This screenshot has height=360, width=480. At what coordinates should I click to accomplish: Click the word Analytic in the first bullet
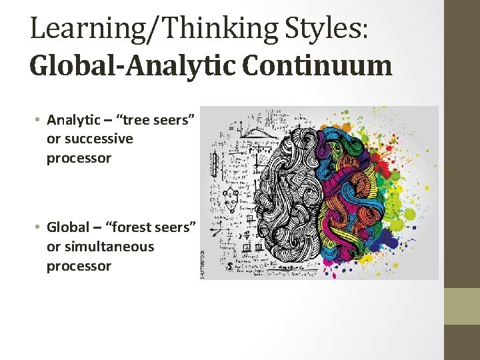[74, 120]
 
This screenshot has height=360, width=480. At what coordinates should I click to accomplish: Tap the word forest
[139, 227]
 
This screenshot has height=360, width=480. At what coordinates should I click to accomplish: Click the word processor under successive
[79, 159]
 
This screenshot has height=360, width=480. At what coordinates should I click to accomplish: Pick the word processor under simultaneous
[79, 266]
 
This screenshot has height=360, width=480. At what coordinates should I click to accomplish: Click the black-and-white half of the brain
[280, 193]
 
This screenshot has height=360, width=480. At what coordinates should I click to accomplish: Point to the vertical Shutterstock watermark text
[204, 264]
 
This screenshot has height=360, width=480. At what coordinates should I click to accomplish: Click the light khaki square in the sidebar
[462, 306]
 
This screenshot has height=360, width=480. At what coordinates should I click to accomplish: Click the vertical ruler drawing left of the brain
[215, 163]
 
